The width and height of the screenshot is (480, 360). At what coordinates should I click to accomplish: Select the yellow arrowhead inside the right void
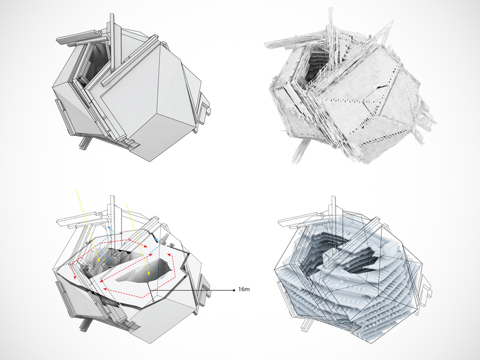tap(149, 276)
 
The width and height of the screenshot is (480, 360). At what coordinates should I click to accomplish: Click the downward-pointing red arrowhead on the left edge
tap(74, 279)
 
